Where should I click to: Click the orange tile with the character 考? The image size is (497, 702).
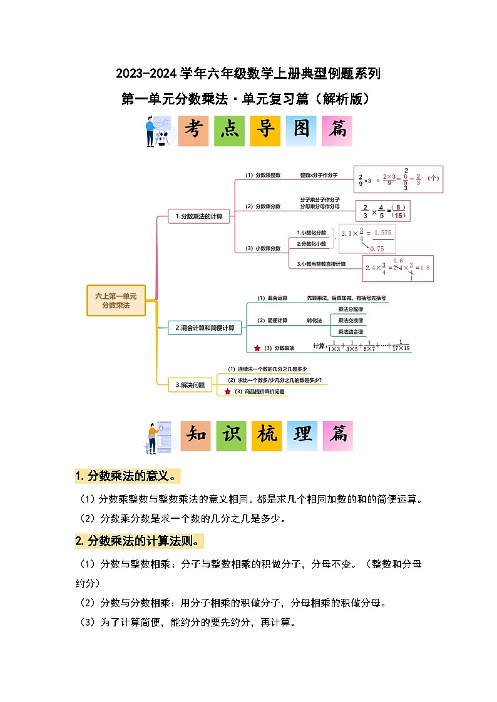pos(193,131)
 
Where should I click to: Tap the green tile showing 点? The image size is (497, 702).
pos(229,131)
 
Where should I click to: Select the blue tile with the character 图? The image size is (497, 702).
pos(301,131)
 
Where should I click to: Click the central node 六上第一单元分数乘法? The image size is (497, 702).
pos(116,301)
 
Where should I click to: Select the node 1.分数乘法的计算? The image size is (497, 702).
pos(199,216)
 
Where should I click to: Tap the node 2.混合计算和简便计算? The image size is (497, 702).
pos(205,328)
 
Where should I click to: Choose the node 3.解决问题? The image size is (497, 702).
pos(190,384)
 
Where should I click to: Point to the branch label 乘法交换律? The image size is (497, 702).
pos(351,320)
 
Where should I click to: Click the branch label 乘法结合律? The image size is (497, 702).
pos(351,331)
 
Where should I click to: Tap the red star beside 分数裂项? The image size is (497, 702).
pos(257,348)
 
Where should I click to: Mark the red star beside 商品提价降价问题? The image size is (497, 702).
pos(227,391)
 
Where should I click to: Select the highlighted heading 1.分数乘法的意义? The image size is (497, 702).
pos(127,476)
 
